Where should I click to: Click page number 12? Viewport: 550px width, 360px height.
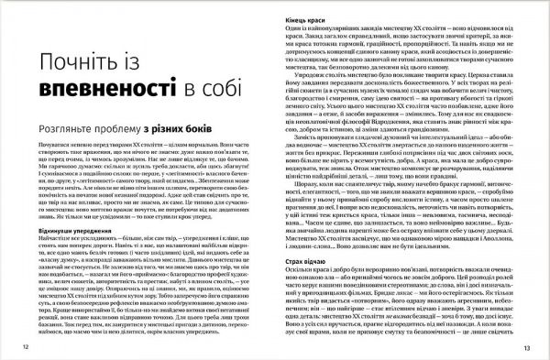pyautogui.click(x=22, y=349)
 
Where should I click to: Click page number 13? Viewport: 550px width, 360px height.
pyautogui.click(x=527, y=349)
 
